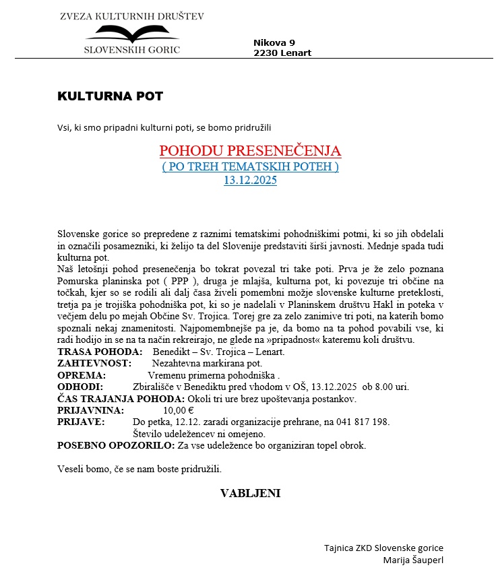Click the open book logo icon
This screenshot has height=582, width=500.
tap(132, 33)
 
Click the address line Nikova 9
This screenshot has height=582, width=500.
tap(274, 42)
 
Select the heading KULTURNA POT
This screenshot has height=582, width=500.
tap(111, 96)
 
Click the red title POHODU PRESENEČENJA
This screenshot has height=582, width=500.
tap(250, 151)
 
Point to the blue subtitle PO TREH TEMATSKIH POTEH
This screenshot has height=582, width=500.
tap(250, 166)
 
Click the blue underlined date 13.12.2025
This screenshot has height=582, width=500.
tap(250, 180)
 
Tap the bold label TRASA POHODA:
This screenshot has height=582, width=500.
tap(100, 352)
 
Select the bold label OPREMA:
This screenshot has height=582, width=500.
tap(82, 375)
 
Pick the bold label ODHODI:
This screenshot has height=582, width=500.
tap(80, 387)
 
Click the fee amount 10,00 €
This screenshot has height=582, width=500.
tap(179, 410)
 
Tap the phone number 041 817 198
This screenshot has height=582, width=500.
tap(364, 422)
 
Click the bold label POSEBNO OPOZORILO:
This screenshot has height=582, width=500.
tap(116, 445)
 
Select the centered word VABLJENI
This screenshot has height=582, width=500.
tap(250, 494)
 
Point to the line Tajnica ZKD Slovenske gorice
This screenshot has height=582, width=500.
tap(383, 548)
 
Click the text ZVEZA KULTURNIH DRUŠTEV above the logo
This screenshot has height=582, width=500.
tap(132, 15)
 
